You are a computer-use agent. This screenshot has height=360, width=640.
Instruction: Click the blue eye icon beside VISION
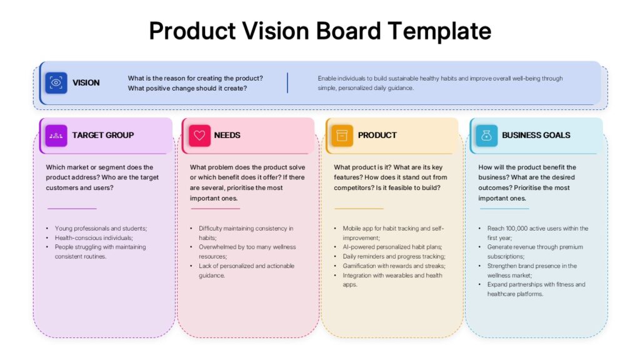coord(56,83)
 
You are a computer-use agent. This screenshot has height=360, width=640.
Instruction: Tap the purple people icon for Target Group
coord(56,136)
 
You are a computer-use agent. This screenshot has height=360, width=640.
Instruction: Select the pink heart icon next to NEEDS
coord(199,136)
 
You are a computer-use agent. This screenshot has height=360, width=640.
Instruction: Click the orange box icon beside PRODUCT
coord(342,136)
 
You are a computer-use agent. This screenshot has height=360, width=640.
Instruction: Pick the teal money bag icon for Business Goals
coord(486,136)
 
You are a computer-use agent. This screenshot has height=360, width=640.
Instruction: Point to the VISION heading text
coord(86,83)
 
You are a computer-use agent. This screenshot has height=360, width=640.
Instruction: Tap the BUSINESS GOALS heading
coord(536,135)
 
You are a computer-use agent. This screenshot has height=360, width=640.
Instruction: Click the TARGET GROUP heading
coord(103,135)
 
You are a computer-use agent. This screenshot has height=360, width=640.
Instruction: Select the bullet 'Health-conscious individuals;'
coord(94,237)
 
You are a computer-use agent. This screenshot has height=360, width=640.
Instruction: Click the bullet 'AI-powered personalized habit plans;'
coord(392,247)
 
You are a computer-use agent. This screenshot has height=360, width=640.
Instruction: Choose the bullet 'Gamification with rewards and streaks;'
coord(394,266)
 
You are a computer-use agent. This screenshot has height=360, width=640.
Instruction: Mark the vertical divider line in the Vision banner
coord(287,83)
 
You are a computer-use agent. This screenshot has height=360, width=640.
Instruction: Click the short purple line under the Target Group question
coord(72,209)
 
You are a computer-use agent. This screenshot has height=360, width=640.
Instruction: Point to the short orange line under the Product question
coord(359,209)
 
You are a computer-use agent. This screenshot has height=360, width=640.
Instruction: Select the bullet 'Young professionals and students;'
coord(101,229)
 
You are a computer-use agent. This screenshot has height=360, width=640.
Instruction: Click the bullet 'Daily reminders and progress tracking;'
coord(394,256)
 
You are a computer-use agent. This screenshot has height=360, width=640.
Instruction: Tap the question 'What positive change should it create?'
coord(187,88)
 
